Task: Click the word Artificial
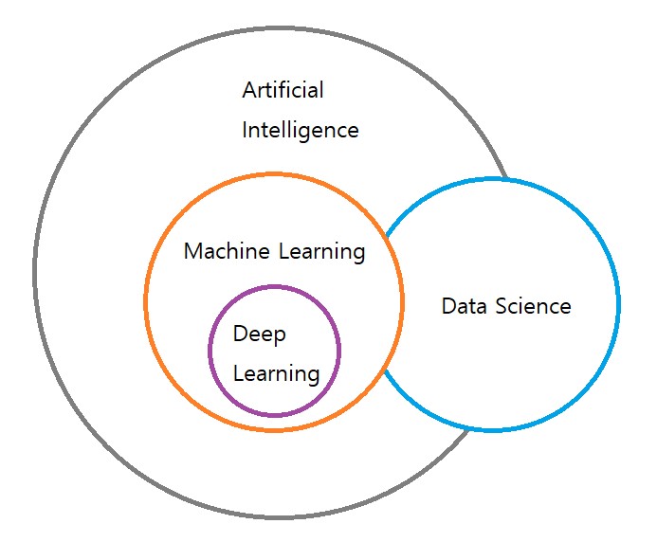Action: click(283, 91)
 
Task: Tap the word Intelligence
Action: click(301, 130)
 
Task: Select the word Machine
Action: click(226, 251)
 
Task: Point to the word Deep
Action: click(259, 334)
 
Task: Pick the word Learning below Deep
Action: click(276, 373)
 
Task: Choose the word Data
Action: click(463, 306)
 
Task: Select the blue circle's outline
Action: click(618, 304)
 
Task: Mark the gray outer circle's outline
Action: click(34, 272)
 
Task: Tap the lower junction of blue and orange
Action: click(384, 370)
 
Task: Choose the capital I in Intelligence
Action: click(246, 130)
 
